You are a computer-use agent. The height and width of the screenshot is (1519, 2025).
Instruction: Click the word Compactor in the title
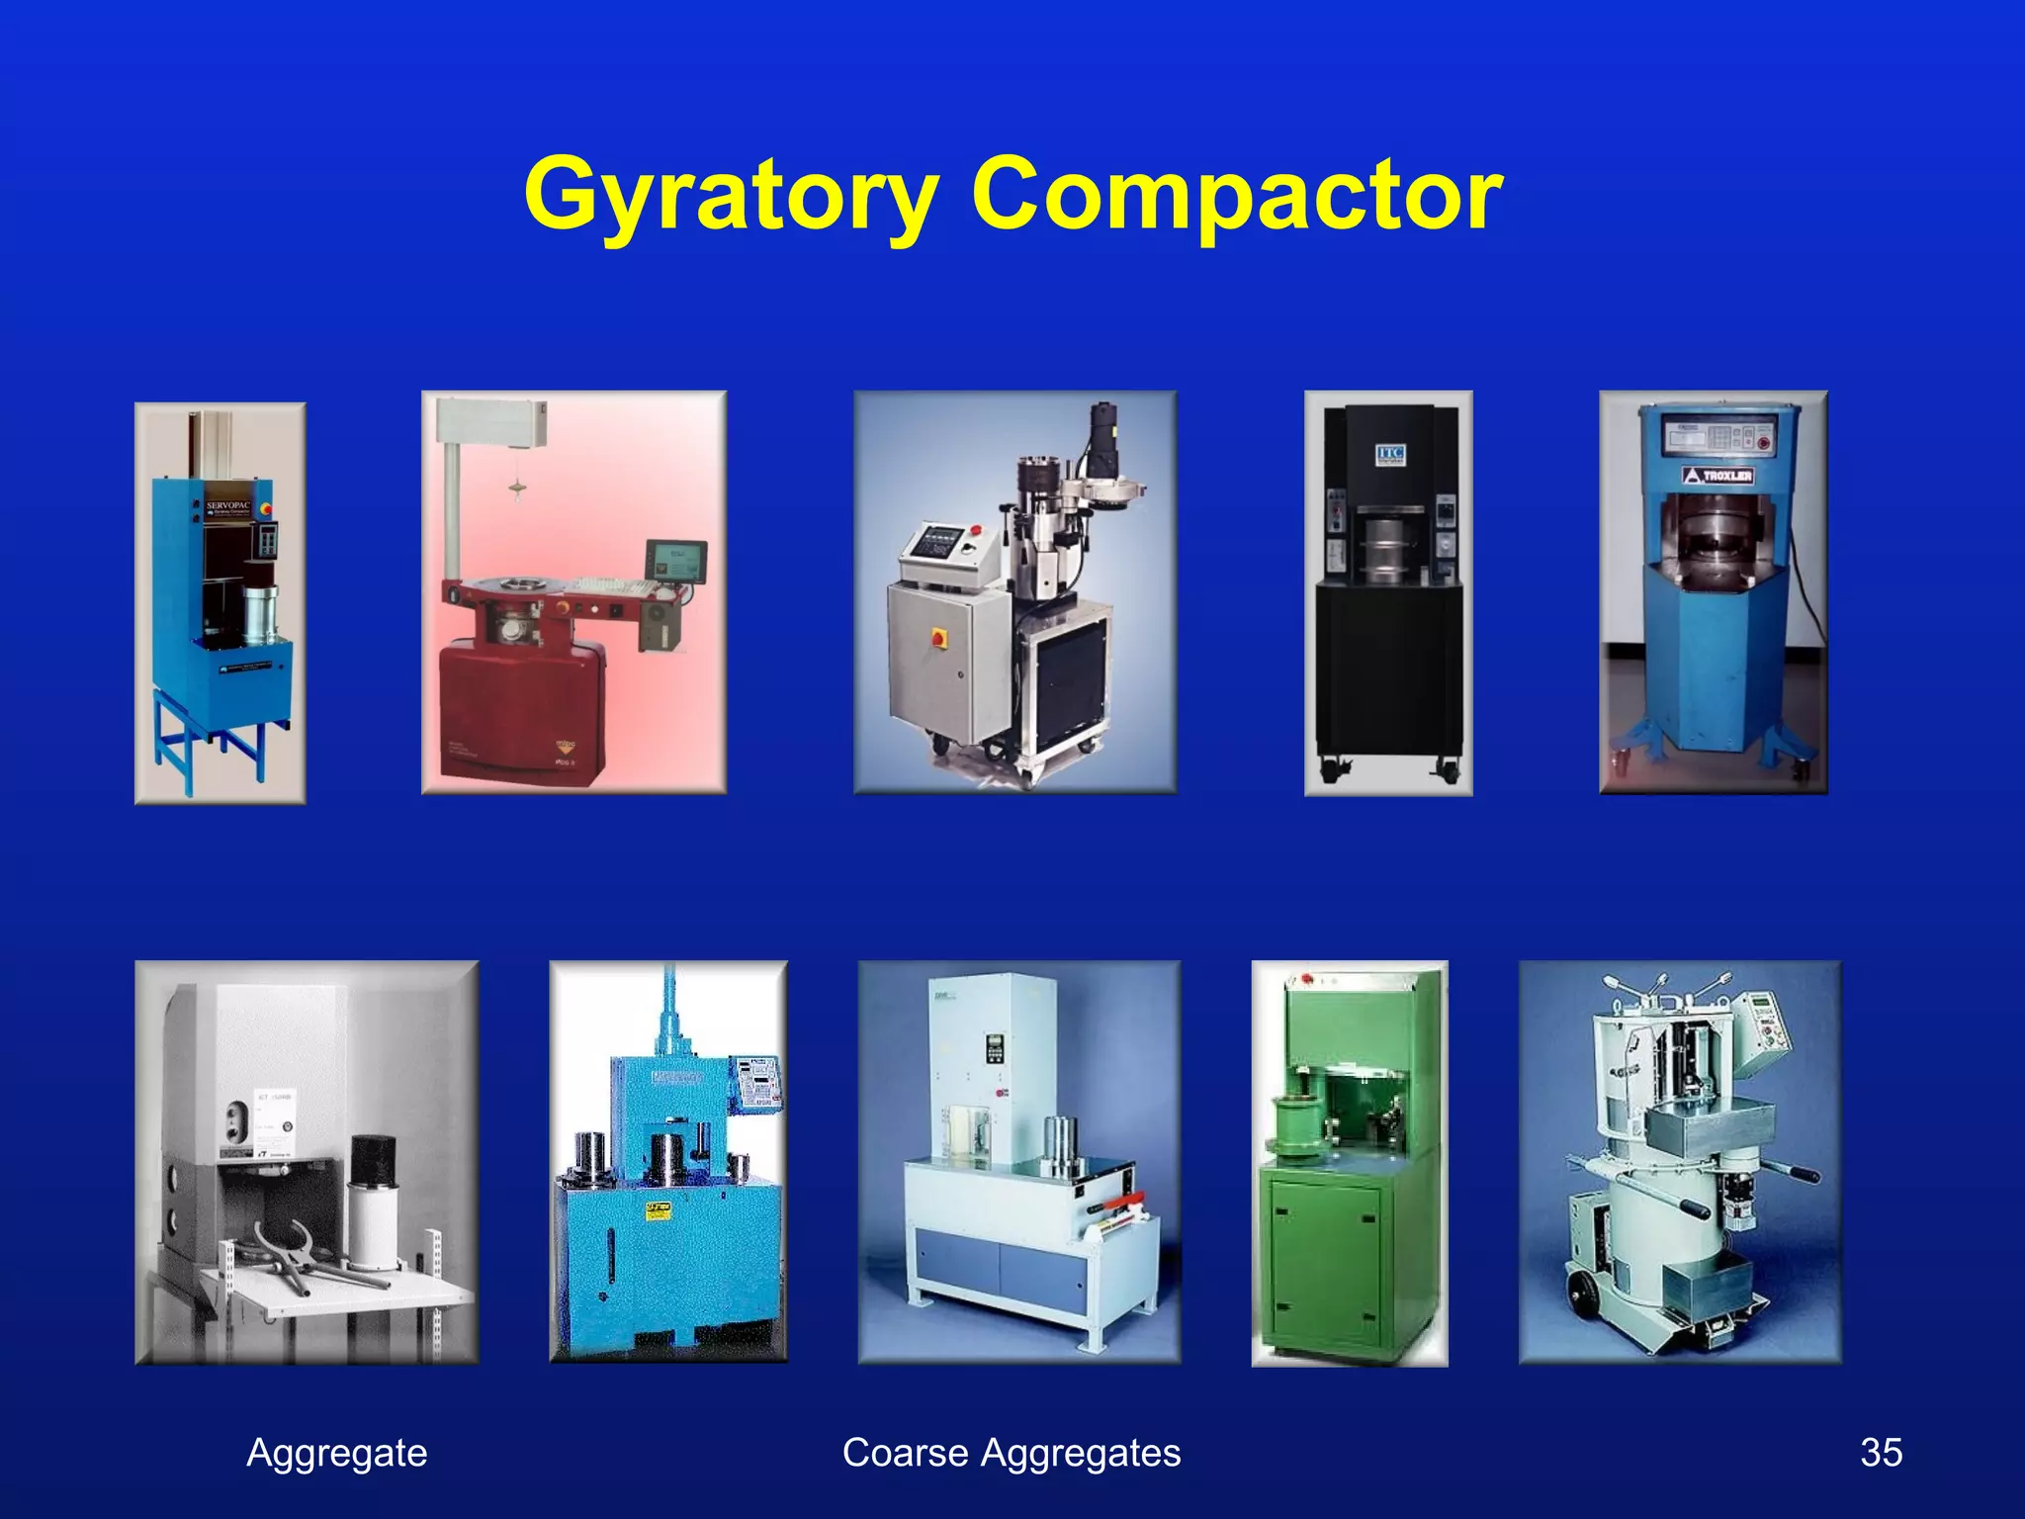click(1237, 195)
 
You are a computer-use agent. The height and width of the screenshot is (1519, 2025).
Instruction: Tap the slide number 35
click(1881, 1453)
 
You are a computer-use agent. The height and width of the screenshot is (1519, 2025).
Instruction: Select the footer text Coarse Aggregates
click(1012, 1453)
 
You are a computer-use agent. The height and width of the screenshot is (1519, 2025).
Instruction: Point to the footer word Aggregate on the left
click(336, 1453)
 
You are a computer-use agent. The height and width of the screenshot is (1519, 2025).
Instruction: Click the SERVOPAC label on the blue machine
click(228, 505)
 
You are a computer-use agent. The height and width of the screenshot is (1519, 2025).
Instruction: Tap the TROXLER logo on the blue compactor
click(1718, 477)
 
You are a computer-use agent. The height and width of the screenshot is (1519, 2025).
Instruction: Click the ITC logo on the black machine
click(1390, 454)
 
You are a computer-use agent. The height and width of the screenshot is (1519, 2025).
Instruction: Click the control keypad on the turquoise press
click(757, 1083)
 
